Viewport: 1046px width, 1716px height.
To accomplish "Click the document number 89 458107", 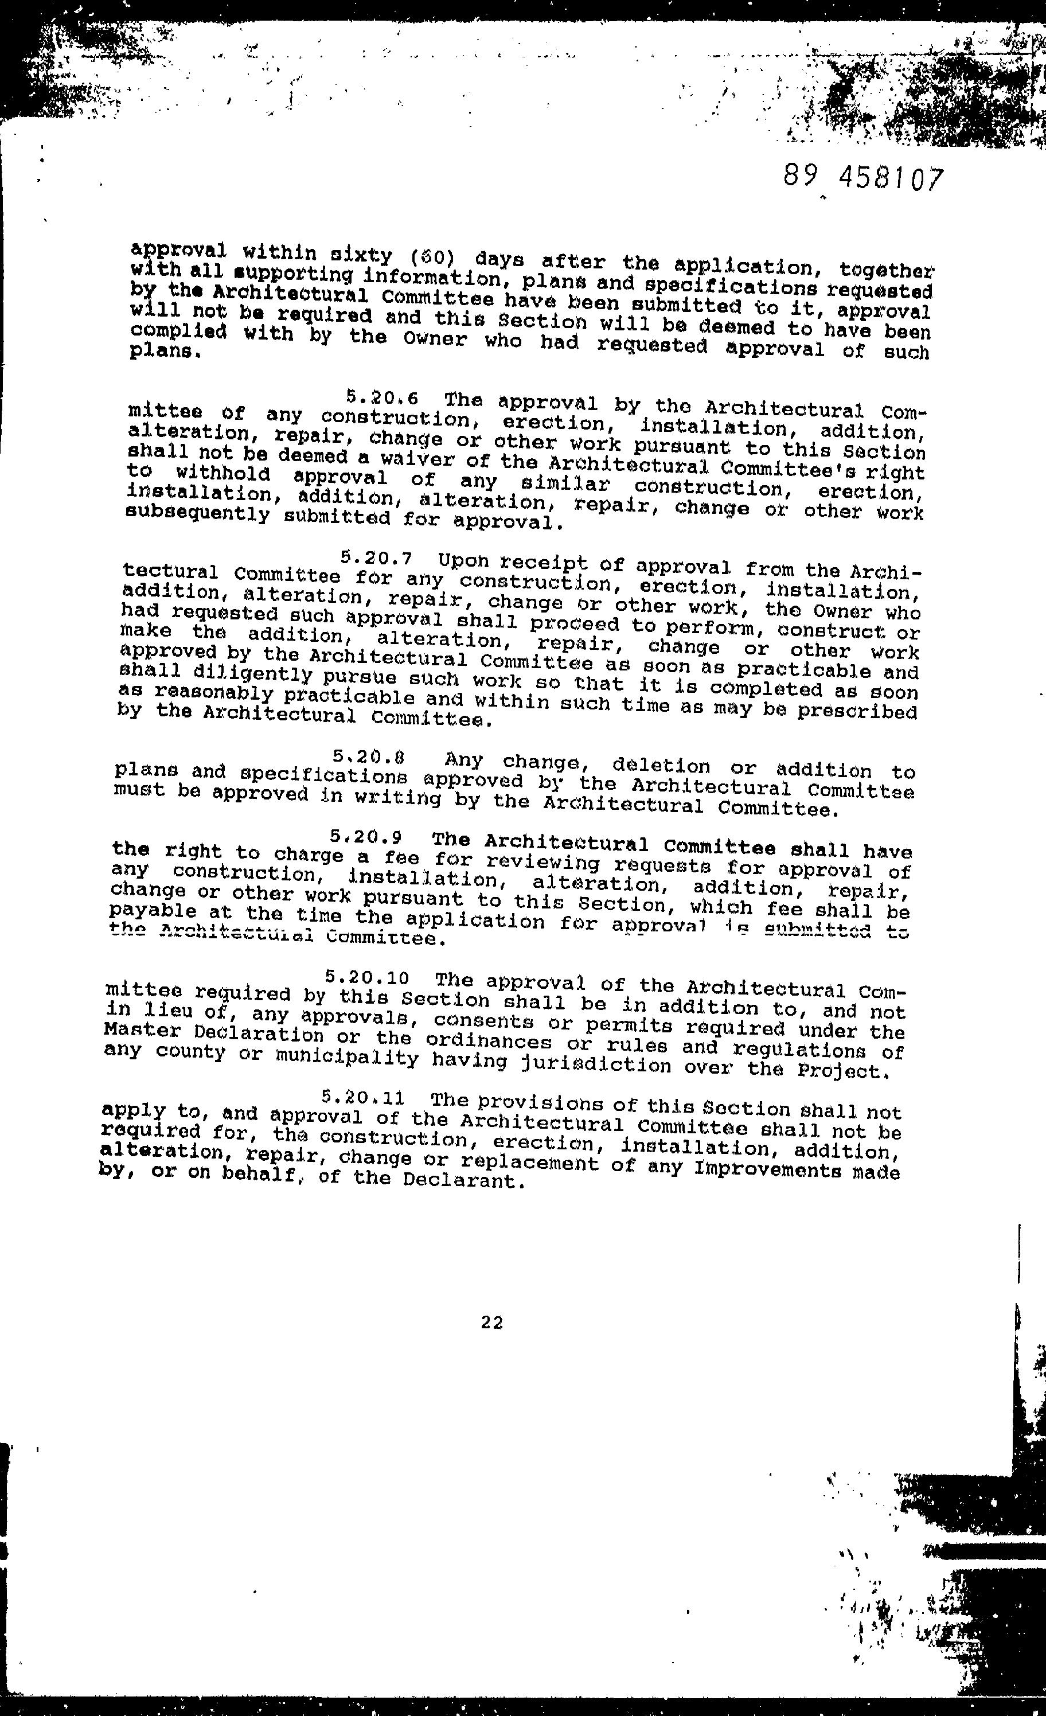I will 863,180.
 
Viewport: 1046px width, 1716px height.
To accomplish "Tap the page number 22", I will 491,1322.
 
